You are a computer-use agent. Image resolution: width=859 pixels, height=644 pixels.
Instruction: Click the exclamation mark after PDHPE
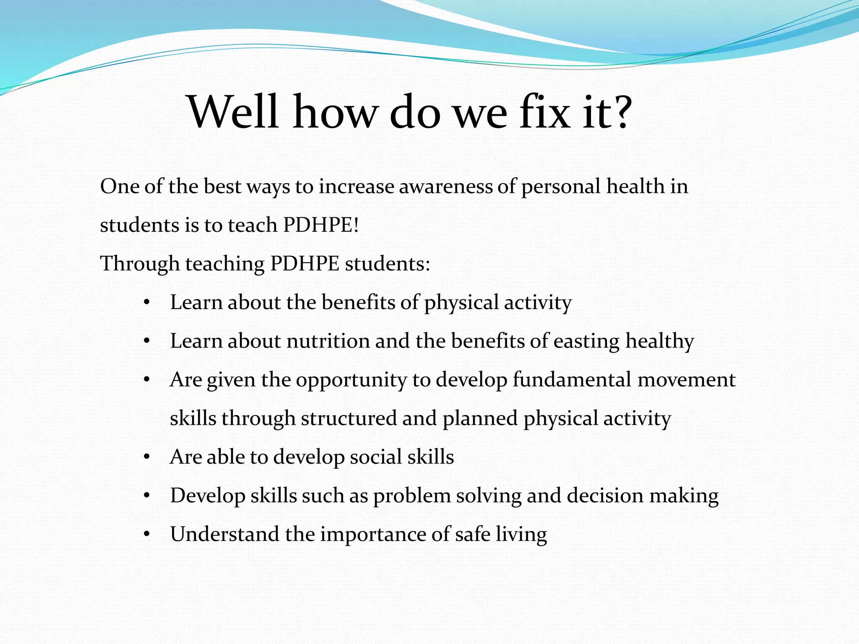pyautogui.click(x=357, y=225)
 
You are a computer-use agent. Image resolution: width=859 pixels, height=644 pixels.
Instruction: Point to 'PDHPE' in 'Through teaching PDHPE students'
pyautogui.click(x=305, y=264)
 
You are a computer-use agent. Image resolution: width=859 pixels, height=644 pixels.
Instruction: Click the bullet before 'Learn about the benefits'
pyautogui.click(x=146, y=303)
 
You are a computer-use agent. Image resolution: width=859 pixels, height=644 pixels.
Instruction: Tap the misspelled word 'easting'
pyautogui.click(x=586, y=341)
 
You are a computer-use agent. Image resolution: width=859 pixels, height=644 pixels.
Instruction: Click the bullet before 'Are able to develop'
pyautogui.click(x=146, y=457)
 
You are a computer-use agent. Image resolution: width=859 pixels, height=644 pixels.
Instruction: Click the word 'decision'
pyautogui.click(x=605, y=496)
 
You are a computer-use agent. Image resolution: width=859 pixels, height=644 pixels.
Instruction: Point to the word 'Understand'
pyautogui.click(x=225, y=534)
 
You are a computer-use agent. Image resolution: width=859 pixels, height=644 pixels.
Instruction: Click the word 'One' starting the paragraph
pyautogui.click(x=119, y=187)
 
